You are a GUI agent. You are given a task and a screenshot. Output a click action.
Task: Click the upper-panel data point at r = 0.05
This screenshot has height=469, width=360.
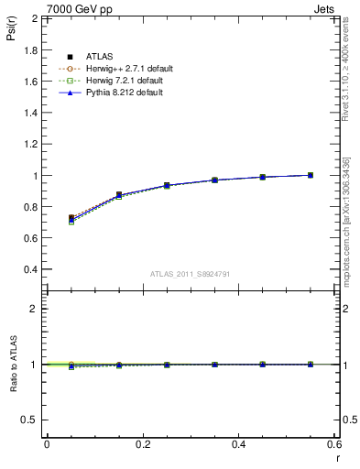click(71, 218)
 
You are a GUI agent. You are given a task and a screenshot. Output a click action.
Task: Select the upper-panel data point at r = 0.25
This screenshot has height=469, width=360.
click(167, 185)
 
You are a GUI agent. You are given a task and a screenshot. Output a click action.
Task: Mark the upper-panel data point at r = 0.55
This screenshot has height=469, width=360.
click(311, 175)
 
